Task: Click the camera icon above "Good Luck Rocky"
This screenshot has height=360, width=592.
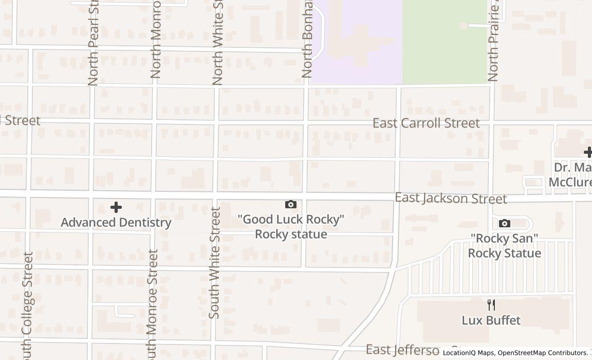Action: pyautogui.click(x=290, y=205)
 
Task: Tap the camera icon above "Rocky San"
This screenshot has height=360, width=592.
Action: pyautogui.click(x=505, y=223)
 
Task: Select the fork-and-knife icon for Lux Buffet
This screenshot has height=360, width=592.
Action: pyautogui.click(x=491, y=305)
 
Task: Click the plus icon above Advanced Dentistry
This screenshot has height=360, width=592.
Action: pyautogui.click(x=116, y=207)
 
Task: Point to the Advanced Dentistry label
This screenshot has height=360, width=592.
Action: pyautogui.click(x=116, y=223)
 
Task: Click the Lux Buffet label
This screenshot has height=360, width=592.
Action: pyautogui.click(x=491, y=320)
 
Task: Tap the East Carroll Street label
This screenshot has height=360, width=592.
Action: pyautogui.click(x=426, y=123)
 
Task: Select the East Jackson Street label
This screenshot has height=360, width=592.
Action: pyautogui.click(x=451, y=199)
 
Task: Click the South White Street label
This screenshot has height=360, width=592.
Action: pyautogui.click(x=215, y=262)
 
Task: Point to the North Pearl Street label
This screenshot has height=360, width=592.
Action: pyautogui.click(x=93, y=44)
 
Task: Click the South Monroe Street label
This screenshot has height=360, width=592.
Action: pyautogui.click(x=153, y=303)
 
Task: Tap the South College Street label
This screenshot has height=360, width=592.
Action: pyautogui.click(x=28, y=306)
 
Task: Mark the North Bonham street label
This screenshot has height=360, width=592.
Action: pyautogui.click(x=308, y=39)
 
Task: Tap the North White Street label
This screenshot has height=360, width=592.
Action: pyautogui.click(x=217, y=44)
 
